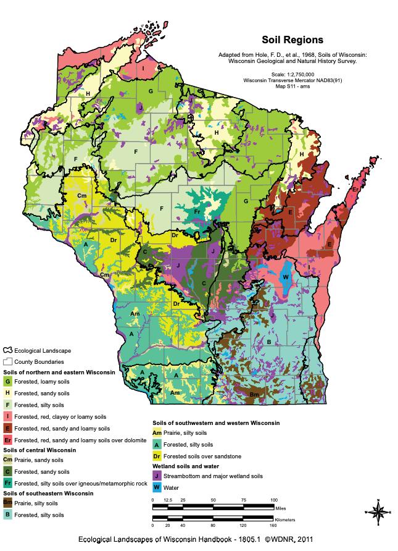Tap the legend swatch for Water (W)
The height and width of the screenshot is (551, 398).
point(157,487)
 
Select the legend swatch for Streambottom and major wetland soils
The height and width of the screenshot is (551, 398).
point(157,476)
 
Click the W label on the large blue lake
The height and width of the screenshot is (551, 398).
point(285,277)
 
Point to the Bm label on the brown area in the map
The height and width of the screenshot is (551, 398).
point(254,393)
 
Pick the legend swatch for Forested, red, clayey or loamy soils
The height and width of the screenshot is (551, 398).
point(7,416)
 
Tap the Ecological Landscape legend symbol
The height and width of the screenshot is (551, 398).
point(8,350)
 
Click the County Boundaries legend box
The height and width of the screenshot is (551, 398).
point(8,361)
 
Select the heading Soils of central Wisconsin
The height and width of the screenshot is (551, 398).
point(40,450)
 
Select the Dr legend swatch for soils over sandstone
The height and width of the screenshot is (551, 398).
point(157,456)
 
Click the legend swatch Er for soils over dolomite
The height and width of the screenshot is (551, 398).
point(7,439)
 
